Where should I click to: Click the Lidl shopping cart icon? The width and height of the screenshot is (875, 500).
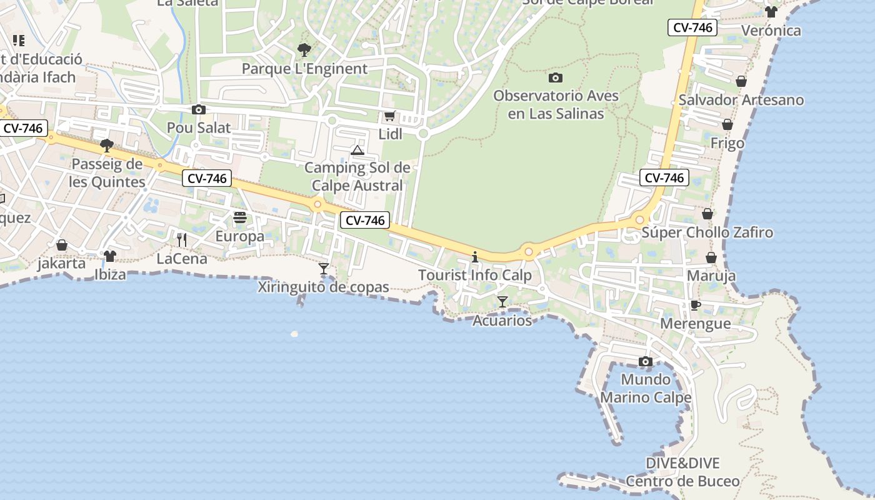coord(389,116)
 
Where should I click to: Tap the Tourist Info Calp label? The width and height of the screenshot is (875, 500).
coord(475,275)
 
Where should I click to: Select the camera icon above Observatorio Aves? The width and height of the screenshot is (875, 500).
coord(555,78)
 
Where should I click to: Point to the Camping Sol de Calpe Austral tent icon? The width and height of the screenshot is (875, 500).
coord(357,150)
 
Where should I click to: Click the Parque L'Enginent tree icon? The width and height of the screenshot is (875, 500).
coord(304,49)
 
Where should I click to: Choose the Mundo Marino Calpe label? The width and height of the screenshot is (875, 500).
coord(646,388)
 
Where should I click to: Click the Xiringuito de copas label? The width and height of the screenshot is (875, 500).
coord(324,287)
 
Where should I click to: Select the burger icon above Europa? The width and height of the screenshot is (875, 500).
coord(240,218)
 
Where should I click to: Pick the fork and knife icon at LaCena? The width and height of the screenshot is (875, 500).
coord(182,239)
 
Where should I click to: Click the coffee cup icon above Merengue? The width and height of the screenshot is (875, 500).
coord(695,306)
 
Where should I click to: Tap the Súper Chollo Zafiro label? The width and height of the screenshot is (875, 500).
coord(707,233)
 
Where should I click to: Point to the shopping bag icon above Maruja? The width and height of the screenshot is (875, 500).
coord(711,257)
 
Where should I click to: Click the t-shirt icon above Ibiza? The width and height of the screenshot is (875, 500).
coord(110,256)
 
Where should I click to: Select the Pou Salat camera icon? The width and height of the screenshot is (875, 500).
coord(199,110)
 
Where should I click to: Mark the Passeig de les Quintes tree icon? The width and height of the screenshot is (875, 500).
coord(107,146)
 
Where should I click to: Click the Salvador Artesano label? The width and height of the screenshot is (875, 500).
coord(741,100)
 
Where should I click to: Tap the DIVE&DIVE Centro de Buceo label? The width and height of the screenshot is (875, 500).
coord(682,472)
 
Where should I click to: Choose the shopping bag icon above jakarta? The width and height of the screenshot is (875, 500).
coord(61,245)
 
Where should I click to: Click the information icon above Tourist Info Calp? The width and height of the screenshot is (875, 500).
coord(475,257)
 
